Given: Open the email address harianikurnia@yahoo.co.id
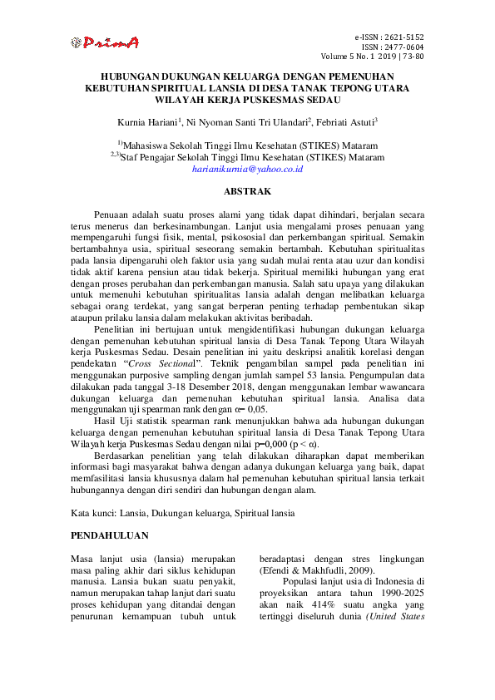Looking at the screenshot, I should pos(247,168).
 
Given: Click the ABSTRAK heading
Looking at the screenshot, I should pos(247,192).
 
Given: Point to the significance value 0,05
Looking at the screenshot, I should pos(255,432).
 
